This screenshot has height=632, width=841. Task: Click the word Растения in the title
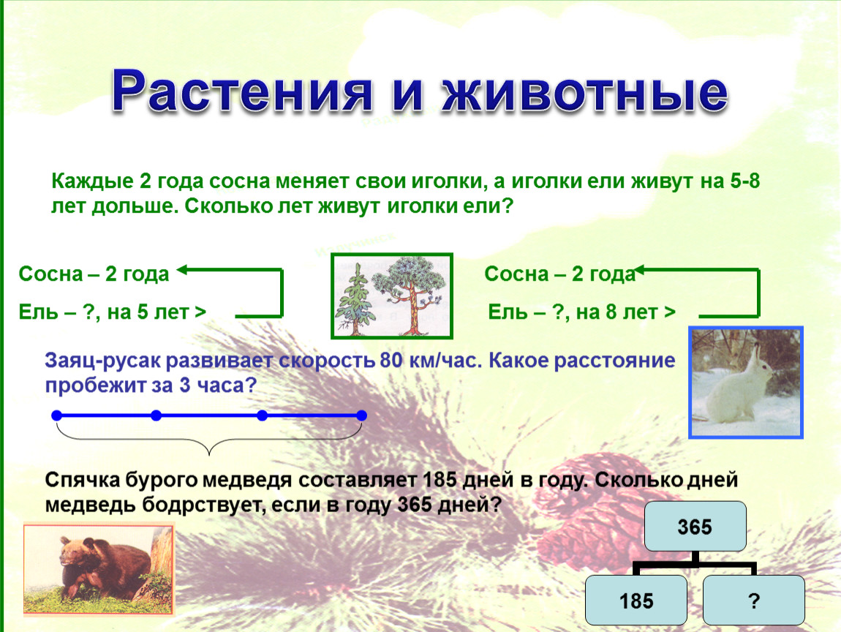241,91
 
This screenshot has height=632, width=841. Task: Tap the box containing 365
695,527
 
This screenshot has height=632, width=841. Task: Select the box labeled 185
636,601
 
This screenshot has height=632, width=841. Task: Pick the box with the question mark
753,601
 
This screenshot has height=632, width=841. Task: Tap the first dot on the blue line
57,415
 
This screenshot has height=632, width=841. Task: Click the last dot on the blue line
361,415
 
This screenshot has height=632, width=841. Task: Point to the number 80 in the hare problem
391,361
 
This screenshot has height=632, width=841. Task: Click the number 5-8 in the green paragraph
745,181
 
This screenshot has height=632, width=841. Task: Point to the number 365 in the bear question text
415,505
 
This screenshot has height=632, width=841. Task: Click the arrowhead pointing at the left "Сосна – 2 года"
182,270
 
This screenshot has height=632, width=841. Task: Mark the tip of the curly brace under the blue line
209,455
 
